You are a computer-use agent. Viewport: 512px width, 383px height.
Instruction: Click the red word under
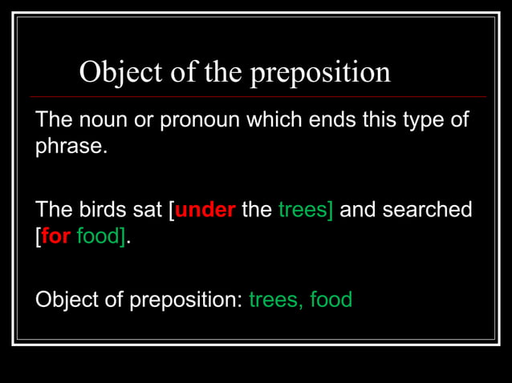coord(205,211)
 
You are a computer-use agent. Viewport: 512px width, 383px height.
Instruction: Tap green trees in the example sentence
coord(303,211)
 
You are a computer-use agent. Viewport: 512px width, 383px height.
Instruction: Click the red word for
coord(55,239)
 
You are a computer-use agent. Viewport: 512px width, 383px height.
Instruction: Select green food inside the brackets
coord(98,239)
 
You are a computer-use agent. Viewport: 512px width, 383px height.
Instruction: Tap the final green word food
coord(331,300)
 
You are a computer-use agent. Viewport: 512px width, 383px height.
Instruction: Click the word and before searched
coord(358,211)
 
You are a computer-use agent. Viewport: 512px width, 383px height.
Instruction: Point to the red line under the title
coord(257,97)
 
